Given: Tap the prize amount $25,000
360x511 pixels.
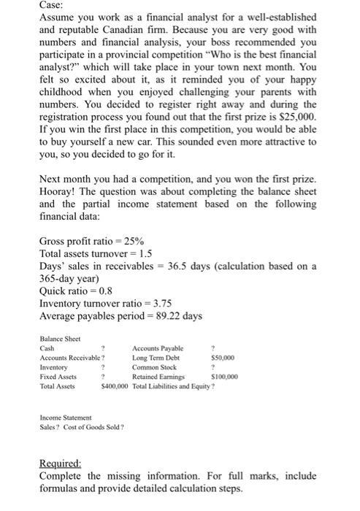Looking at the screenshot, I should coord(299,115).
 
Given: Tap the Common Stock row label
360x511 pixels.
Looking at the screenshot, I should coord(154,368).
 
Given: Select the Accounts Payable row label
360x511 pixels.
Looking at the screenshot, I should coord(158,349).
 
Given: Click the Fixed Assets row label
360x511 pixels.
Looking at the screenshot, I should coord(58,377).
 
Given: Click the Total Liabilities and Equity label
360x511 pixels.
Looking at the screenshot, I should coord(173,386).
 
